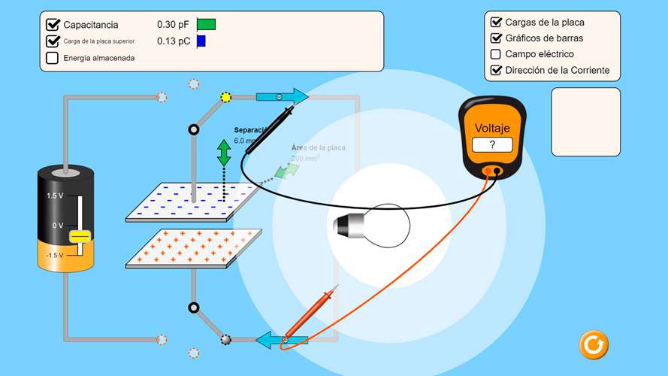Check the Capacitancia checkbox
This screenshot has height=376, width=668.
pos(53,25)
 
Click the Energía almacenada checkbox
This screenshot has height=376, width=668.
pos(53,58)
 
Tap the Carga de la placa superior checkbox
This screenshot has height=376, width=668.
pos(53,41)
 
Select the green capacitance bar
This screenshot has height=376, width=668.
pos(206,25)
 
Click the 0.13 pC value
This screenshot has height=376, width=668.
pos(173,41)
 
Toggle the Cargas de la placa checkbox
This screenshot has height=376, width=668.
pos(496,23)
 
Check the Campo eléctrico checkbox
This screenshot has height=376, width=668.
pos(496,54)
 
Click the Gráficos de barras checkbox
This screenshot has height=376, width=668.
pos(496,38)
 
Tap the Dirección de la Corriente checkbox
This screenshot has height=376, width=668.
pos(496,71)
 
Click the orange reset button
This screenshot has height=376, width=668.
pos(593,344)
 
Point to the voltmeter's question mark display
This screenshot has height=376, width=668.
pos(492,145)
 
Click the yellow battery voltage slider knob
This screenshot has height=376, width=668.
pos(80,237)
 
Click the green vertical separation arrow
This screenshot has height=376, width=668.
pos(224,152)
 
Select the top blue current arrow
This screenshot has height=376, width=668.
pos(282,97)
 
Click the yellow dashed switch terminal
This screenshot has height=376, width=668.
pos(226,97)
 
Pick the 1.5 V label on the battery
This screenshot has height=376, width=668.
pos(55,196)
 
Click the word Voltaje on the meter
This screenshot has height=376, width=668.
pos(492,128)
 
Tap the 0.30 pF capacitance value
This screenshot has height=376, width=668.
pos(173,25)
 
